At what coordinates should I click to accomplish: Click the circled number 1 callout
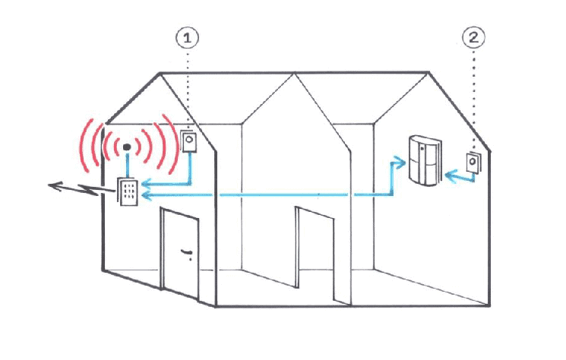point(187,38)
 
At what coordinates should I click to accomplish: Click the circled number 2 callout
point(473,37)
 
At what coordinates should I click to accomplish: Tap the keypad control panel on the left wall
point(128,191)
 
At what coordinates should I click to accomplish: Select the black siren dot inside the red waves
point(127,147)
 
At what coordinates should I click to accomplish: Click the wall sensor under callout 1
point(188,141)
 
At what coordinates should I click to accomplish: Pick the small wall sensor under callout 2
point(473,163)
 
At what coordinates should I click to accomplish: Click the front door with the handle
point(180,254)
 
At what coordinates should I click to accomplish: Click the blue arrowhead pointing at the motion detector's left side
point(400,163)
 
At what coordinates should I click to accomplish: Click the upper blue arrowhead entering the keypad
point(146,184)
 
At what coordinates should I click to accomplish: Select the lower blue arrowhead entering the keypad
point(146,195)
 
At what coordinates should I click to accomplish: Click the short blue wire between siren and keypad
point(127,166)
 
